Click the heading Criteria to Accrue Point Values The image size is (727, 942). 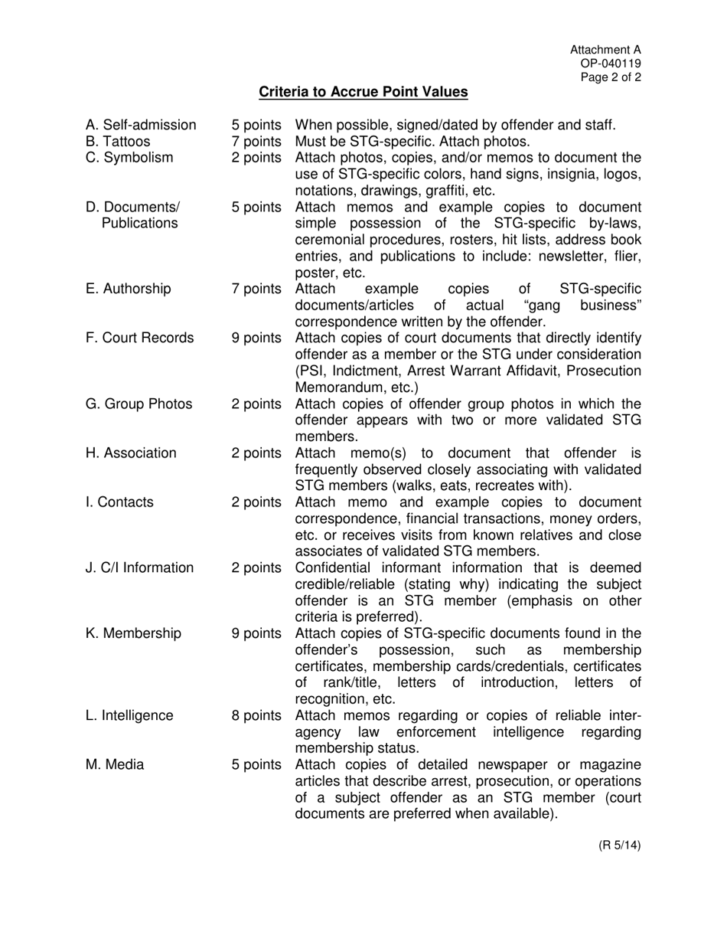[363, 92]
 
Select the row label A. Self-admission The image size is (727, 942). [141, 125]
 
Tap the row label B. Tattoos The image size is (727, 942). [118, 142]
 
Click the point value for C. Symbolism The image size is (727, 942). [256, 158]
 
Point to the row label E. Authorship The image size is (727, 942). [128, 289]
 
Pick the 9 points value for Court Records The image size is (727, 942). [256, 338]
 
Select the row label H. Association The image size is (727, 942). [131, 453]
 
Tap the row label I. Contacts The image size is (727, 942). [119, 502]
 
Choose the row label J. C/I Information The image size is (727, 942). [139, 567]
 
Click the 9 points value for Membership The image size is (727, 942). [256, 633]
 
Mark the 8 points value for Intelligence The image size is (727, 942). [256, 715]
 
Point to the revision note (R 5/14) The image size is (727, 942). [619, 846]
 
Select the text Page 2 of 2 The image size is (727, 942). [611, 77]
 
